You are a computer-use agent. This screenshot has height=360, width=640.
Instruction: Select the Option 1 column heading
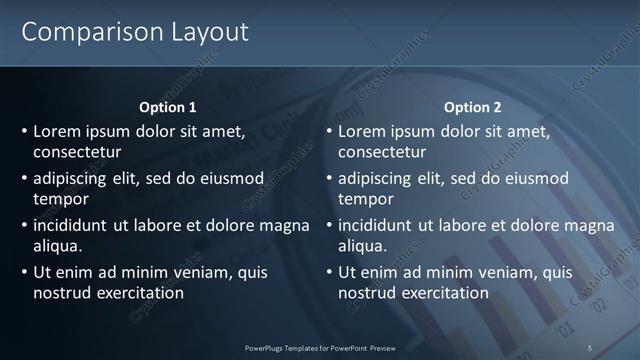coord(167,107)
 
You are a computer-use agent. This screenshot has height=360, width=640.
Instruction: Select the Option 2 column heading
coord(472,107)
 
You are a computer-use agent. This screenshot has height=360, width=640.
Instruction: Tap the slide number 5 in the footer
coord(590,347)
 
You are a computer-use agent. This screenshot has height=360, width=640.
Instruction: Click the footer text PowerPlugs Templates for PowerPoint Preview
coord(320,347)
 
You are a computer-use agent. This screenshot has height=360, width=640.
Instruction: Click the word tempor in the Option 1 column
coord(61,200)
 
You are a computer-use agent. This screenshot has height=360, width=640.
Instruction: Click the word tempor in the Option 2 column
coord(366,200)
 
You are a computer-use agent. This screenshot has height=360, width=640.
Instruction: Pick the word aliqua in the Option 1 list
coord(57,247)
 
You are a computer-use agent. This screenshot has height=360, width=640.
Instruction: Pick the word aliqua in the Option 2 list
coord(362,247)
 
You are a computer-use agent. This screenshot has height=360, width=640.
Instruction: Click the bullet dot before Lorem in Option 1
coord(25,131)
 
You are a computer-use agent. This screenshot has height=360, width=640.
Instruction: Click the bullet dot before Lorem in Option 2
coord(330,131)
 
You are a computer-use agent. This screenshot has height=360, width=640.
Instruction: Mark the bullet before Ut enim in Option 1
coord(25,272)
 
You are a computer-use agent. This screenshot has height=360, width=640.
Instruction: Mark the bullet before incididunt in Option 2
coord(330,225)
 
